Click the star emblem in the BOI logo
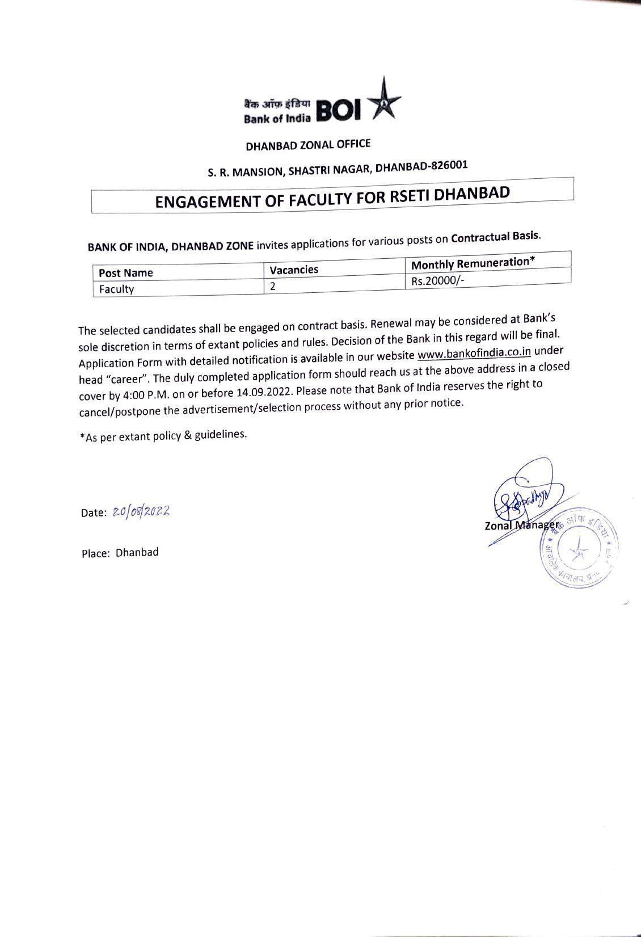(x=385, y=103)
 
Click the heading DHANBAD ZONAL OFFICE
(x=308, y=145)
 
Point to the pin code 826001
(x=449, y=165)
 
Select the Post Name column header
(x=126, y=273)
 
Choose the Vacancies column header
(x=293, y=270)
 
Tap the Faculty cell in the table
(x=117, y=289)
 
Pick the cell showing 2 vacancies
(x=273, y=286)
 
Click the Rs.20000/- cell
(x=437, y=280)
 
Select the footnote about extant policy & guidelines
(x=163, y=436)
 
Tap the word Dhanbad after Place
(x=137, y=552)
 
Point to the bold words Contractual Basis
(x=495, y=236)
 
